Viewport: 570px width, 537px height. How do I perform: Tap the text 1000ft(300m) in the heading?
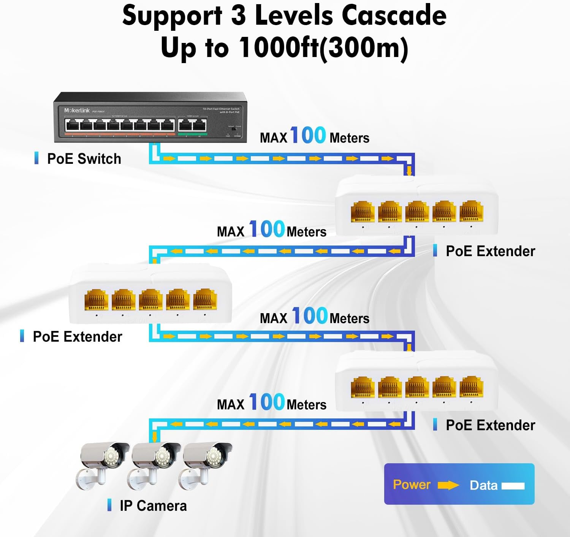tap(323, 48)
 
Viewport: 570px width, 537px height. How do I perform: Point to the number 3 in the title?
tap(238, 16)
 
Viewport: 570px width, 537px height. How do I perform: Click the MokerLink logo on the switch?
tap(77, 110)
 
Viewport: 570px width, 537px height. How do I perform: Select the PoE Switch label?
tap(84, 159)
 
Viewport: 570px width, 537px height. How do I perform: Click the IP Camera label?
tap(153, 506)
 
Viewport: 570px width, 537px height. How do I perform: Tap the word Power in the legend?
tap(412, 485)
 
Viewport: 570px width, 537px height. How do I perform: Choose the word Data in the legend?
tap(483, 485)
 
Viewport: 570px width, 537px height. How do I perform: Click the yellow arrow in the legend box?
tap(448, 485)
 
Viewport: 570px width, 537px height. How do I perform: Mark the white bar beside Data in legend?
tap(513, 486)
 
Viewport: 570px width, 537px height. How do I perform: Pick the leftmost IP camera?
tap(103, 464)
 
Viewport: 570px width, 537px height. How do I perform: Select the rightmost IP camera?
tap(206, 464)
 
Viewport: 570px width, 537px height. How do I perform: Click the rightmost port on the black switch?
tap(200, 125)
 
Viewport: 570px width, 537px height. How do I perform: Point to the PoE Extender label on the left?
tap(78, 337)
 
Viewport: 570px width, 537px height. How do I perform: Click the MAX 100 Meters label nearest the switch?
tap(314, 136)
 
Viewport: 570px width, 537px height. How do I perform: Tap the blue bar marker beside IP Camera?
tap(109, 505)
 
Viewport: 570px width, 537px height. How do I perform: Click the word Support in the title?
tap(172, 16)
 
